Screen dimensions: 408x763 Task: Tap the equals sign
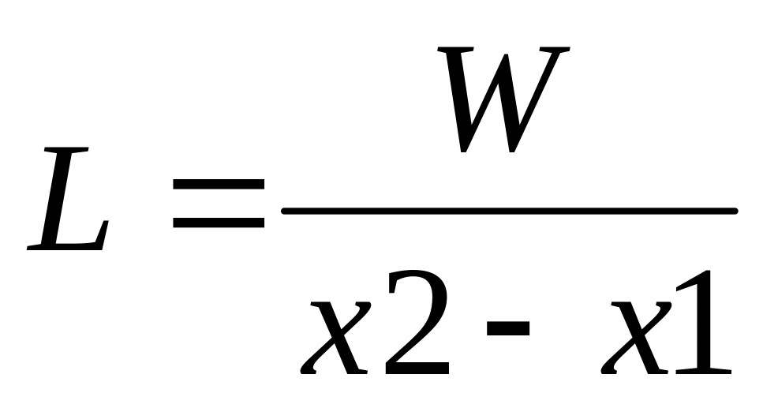219,203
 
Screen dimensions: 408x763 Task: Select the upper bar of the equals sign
219,184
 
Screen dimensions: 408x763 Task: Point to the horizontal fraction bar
509,211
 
